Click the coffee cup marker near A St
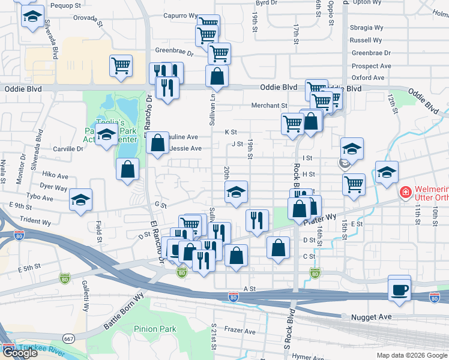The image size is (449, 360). coord(399,290)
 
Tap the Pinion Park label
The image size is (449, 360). coord(155,329)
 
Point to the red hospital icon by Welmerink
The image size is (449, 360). coord(405,193)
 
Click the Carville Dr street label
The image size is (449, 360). coord(68,149)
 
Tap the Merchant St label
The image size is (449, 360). coord(269,106)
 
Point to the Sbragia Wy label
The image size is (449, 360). coord(367,28)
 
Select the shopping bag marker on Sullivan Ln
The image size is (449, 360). coord(217,77)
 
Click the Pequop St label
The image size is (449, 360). coord(65,5)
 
